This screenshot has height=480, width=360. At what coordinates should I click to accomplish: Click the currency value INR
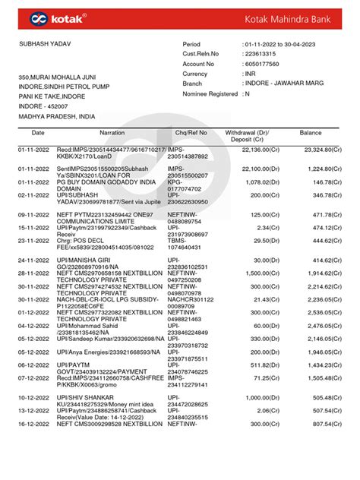pos(250,74)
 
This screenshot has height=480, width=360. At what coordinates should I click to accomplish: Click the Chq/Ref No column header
pos(190,133)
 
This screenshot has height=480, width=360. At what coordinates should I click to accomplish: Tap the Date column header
pos(38,133)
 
